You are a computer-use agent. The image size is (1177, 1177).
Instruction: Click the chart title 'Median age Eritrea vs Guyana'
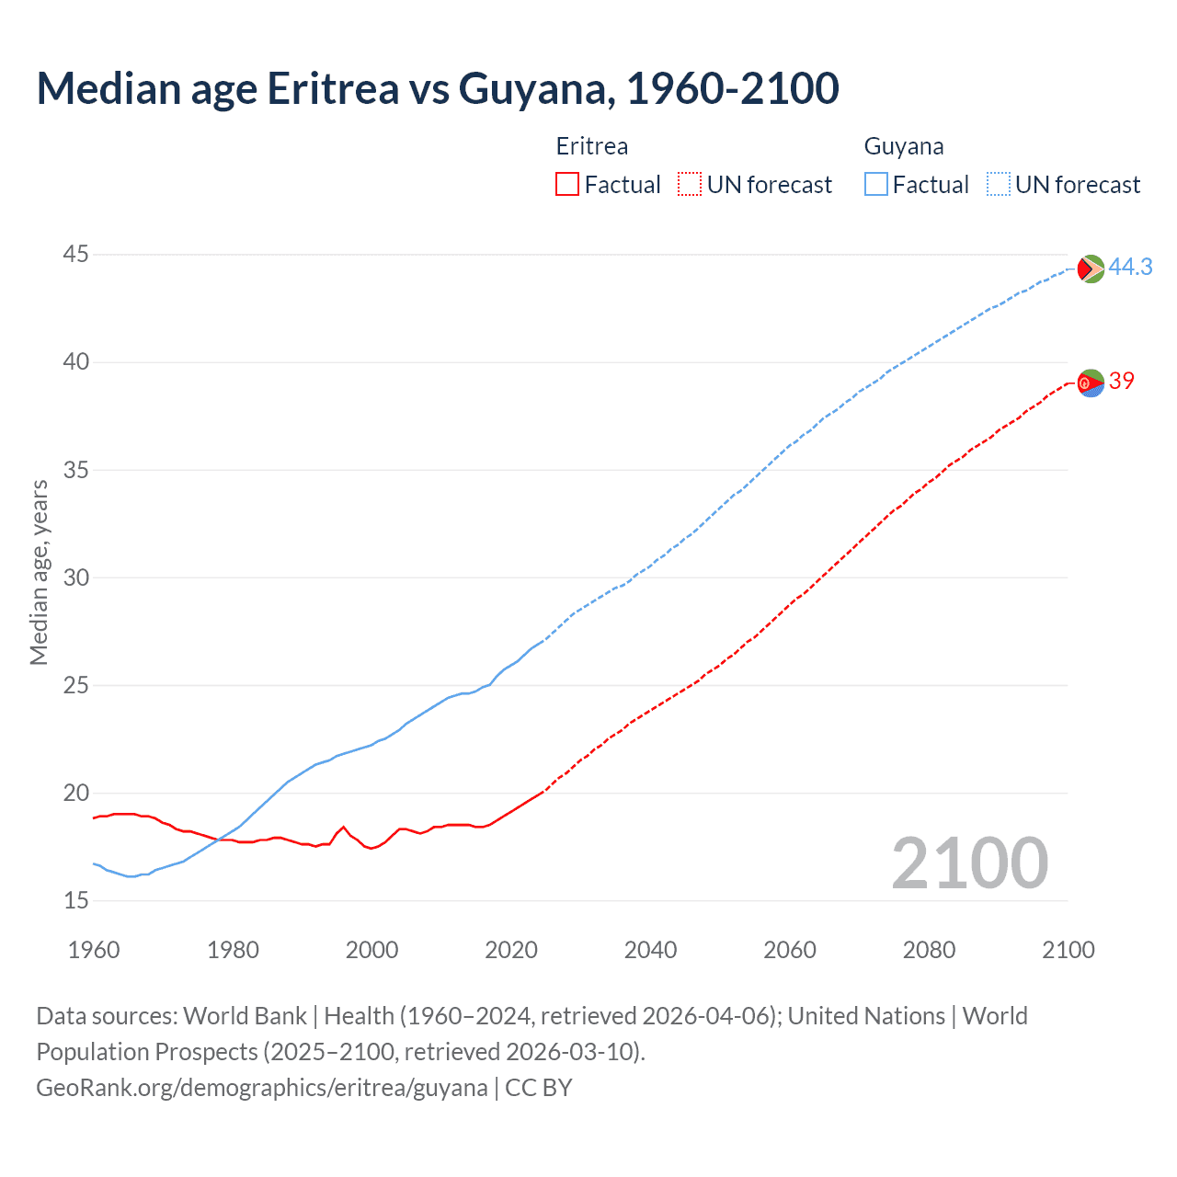click(437, 88)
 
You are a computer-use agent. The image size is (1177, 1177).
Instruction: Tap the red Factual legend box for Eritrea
click(567, 185)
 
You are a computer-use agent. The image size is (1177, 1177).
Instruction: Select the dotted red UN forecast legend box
click(690, 185)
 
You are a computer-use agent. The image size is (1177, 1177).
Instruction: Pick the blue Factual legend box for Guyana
click(876, 185)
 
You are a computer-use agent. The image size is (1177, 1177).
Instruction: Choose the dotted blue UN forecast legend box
click(999, 185)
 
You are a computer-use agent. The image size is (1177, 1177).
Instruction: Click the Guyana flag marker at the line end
click(1091, 269)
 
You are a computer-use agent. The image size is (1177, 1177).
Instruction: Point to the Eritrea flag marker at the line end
click(1091, 383)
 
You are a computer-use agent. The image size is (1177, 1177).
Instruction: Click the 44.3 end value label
click(1130, 267)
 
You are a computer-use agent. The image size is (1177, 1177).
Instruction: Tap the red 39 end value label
click(1122, 381)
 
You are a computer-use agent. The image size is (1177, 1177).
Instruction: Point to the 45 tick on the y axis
click(76, 254)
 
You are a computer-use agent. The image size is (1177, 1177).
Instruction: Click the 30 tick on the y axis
click(76, 577)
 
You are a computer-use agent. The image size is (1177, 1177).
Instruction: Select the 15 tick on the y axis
click(76, 900)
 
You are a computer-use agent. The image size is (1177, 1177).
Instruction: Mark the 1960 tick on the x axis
click(94, 950)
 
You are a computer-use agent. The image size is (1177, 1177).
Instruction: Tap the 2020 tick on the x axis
click(511, 950)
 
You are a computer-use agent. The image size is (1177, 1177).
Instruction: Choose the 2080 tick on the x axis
click(929, 950)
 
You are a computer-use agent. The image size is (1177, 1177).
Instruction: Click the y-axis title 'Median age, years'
click(39, 572)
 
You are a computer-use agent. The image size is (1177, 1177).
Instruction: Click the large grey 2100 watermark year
click(970, 863)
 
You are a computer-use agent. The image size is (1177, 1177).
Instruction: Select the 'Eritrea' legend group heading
click(592, 146)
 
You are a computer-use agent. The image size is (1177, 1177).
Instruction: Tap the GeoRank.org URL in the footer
click(262, 1088)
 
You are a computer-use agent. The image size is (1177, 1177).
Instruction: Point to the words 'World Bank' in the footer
click(245, 1016)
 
